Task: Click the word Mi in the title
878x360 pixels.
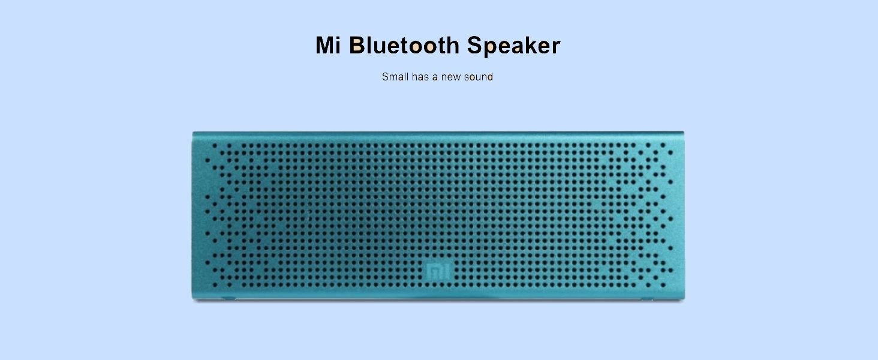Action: tap(327, 45)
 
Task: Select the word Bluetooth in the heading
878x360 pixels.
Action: tap(404, 45)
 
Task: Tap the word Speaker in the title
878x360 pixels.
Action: tap(514, 46)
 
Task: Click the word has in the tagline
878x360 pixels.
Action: tap(420, 76)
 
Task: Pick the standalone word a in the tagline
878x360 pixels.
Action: tap(435, 77)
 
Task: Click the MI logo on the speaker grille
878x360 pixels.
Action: tap(438, 271)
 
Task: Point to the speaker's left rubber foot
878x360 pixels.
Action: tap(229, 299)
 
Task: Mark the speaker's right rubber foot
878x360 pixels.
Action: tap(647, 299)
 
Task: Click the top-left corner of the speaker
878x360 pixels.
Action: tap(193, 133)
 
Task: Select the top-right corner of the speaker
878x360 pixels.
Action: tap(684, 132)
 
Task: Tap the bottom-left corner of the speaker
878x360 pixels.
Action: tap(192, 299)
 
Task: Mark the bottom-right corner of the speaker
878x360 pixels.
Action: tap(684, 299)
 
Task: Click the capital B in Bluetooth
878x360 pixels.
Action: tap(357, 45)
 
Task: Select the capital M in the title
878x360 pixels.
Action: tap(324, 45)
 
